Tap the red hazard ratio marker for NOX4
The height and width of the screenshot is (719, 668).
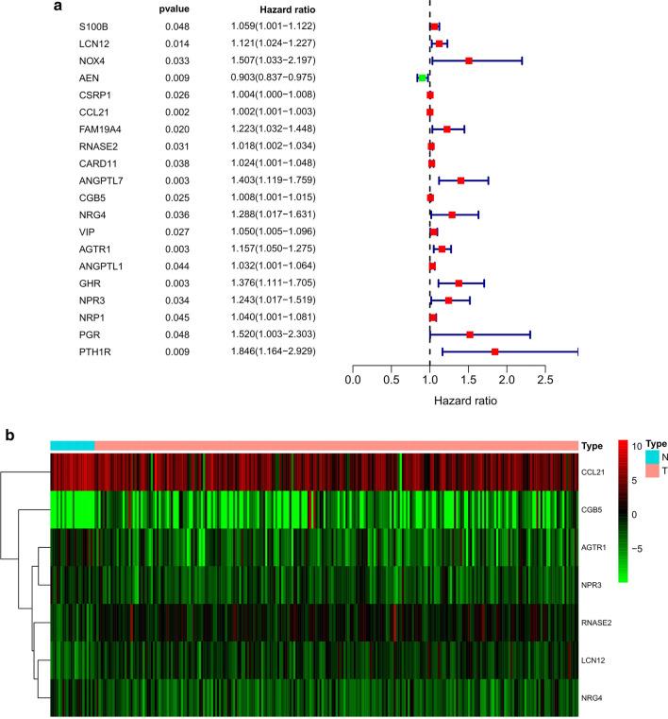[x=469, y=60]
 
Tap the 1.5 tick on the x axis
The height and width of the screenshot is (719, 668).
[x=469, y=381]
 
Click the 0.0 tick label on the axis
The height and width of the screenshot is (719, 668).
[x=353, y=381]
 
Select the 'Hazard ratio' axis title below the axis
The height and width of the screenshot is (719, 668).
[x=466, y=401]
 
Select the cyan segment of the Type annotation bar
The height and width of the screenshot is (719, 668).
[x=72, y=446]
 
